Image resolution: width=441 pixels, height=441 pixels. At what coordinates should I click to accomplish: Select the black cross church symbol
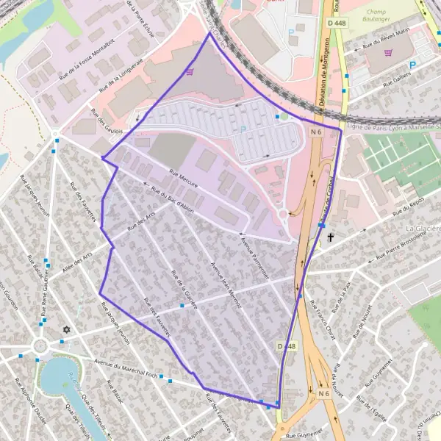(331, 237)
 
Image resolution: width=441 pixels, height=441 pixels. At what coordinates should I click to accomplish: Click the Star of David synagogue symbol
(68, 331)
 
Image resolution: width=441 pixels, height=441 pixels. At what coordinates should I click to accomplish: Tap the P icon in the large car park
(243, 129)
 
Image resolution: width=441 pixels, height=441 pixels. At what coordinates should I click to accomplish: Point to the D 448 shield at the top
(334, 24)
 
